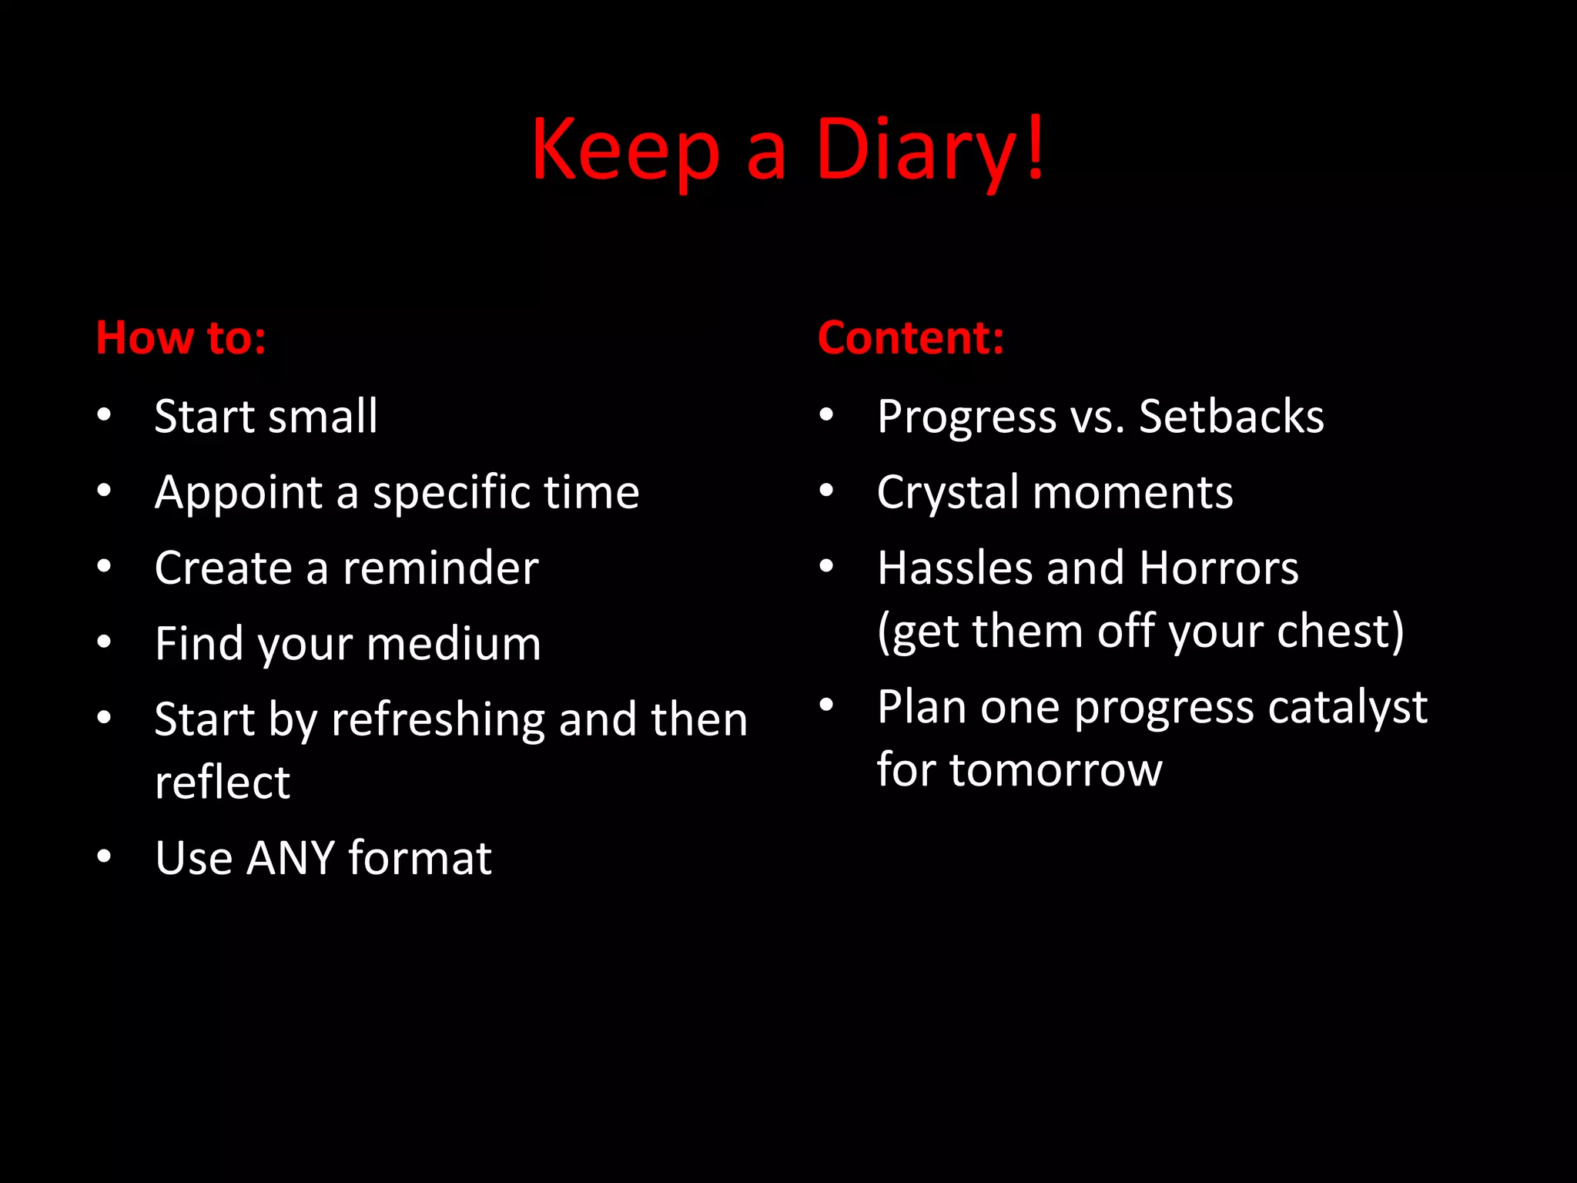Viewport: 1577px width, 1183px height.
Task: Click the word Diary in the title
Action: coord(916,150)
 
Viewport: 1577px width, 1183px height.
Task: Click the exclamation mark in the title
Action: coord(1036,146)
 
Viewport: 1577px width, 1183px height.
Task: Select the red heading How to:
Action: coord(181,338)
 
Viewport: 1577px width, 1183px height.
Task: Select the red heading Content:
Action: coord(911,338)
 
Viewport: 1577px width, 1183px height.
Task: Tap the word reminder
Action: coord(440,568)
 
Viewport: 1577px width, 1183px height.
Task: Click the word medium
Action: coord(454,644)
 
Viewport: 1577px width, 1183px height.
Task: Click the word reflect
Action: coord(223,783)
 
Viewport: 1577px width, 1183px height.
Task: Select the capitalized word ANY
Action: coord(290,858)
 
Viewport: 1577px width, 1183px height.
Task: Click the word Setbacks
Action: coord(1231,417)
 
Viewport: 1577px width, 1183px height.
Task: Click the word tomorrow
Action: coord(1056,770)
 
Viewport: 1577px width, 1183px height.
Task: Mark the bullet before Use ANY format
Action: coord(105,856)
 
